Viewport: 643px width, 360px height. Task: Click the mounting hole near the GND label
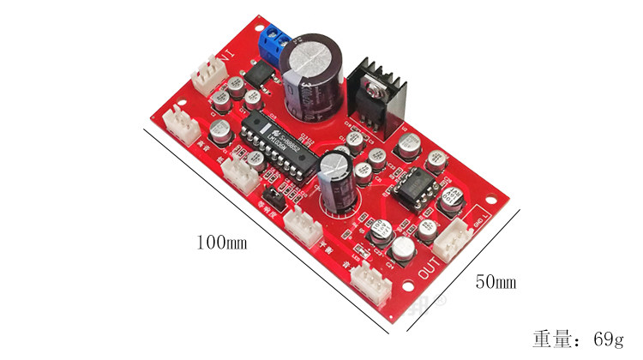coord(490,208)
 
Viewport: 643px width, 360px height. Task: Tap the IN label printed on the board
coord(226,60)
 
